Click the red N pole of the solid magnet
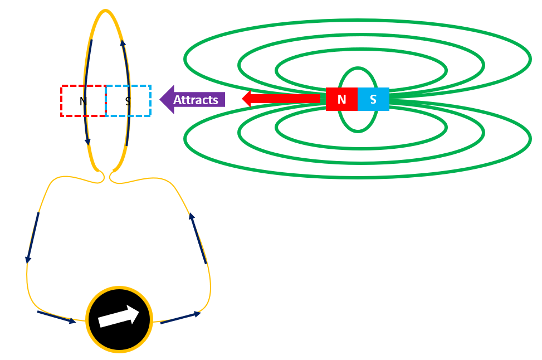pyautogui.click(x=341, y=99)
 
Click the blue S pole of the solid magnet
pyautogui.click(x=373, y=99)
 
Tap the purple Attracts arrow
pyautogui.click(x=192, y=100)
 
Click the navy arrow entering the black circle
pyautogui.click(x=56, y=317)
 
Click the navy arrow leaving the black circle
pyautogui.click(x=180, y=318)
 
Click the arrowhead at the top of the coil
pyautogui.click(x=123, y=43)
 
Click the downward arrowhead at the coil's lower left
pyautogui.click(x=88, y=142)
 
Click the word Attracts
pyautogui.click(x=196, y=100)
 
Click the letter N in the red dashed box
pyautogui.click(x=83, y=101)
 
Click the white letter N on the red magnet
pyautogui.click(x=342, y=99)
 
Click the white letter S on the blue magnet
pyautogui.click(x=373, y=99)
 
